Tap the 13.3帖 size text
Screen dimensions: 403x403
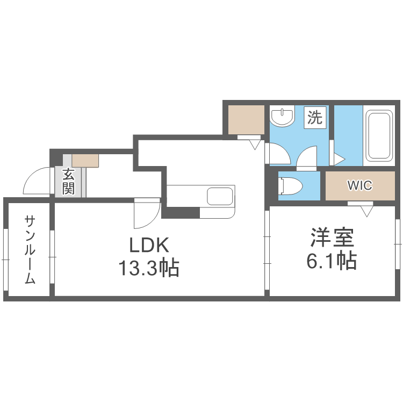149,267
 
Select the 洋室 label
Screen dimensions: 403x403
331,238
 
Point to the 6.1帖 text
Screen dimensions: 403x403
331,261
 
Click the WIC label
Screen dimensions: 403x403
359,185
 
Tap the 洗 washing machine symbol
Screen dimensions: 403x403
315,117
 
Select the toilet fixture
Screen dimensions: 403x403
290,186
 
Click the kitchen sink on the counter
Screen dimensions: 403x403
219,196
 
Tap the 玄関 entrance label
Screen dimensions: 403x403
68,182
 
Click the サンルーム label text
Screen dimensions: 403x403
30,249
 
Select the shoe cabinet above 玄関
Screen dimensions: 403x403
85,160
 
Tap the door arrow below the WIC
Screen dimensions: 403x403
368,210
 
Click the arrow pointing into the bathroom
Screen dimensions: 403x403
339,159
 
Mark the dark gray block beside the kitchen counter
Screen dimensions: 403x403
181,212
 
